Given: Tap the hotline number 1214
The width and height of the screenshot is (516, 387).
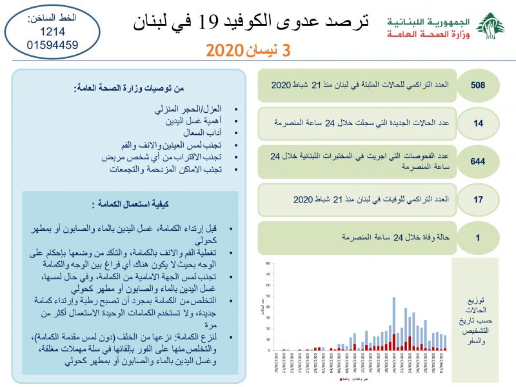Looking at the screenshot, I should pyautogui.click(x=40, y=32).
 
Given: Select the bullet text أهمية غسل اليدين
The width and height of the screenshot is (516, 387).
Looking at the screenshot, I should pyautogui.click(x=188, y=121).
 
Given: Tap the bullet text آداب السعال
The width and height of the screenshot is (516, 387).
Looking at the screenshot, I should pyautogui.click(x=201, y=132).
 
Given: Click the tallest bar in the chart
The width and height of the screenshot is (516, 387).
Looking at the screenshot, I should pyautogui.click(x=394, y=322).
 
